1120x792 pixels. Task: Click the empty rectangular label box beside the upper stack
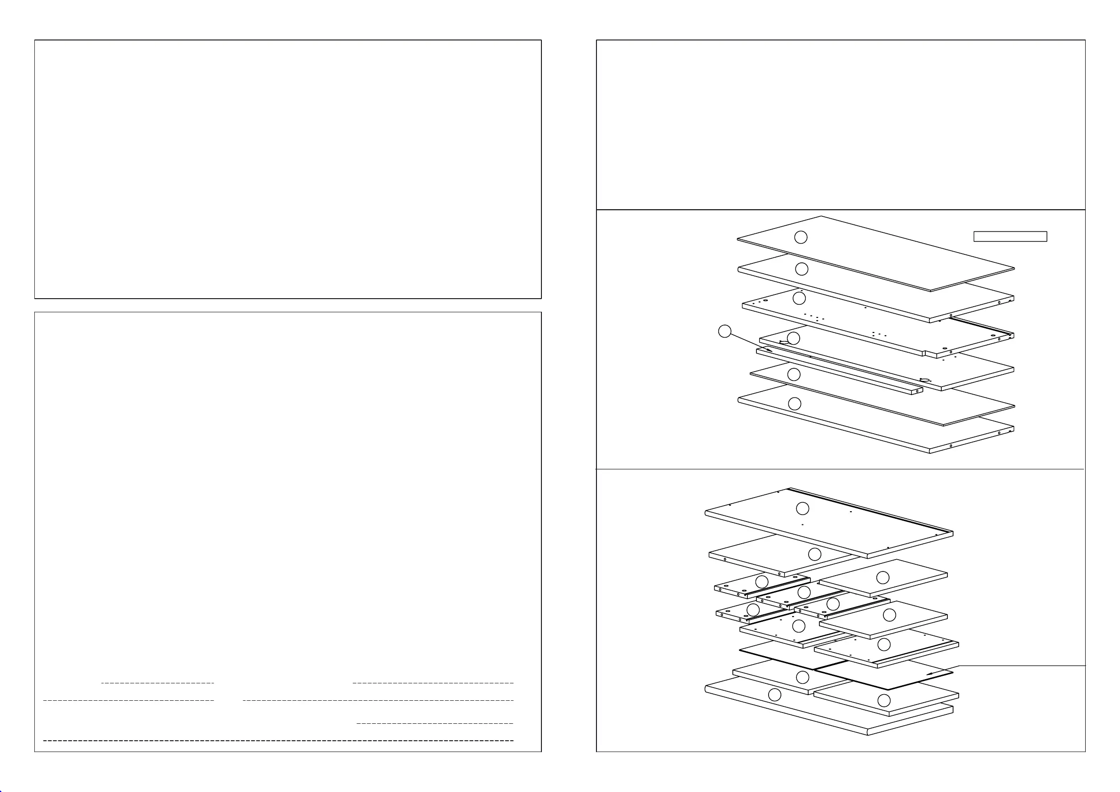(1010, 237)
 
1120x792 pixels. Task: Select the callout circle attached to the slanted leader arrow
(725, 332)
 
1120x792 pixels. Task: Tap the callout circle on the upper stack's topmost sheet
(801, 237)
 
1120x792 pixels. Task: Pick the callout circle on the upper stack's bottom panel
(794, 404)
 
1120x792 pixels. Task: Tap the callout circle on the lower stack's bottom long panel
(774, 695)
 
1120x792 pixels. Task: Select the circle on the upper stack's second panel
(802, 269)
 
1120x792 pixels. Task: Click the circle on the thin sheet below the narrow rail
(794, 374)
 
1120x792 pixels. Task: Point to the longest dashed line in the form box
(278, 740)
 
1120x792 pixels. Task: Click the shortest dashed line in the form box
(157, 683)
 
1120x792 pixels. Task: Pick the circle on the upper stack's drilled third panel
(799, 298)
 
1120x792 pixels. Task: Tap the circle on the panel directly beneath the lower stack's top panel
(815, 554)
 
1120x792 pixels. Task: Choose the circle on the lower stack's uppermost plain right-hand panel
(882, 578)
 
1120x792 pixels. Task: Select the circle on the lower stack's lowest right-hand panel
(884, 701)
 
